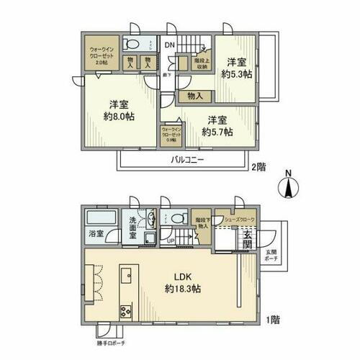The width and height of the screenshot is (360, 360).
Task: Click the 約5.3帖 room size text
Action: [236, 73]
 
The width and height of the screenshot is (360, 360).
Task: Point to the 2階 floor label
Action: [257, 166]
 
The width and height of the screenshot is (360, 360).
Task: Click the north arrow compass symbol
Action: [288, 186]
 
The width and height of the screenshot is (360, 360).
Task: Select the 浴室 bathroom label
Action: [96, 233]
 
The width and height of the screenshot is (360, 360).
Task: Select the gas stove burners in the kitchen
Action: [124, 312]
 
